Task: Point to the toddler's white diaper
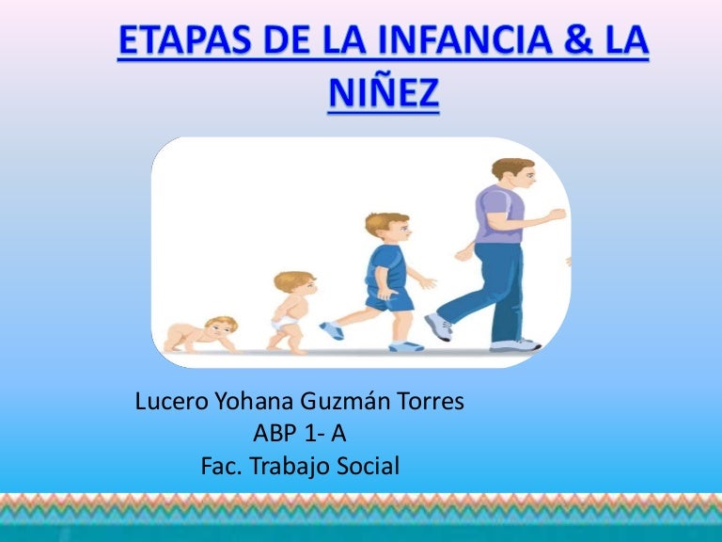[284, 324]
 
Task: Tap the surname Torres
[432, 402]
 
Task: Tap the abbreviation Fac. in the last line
[223, 465]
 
